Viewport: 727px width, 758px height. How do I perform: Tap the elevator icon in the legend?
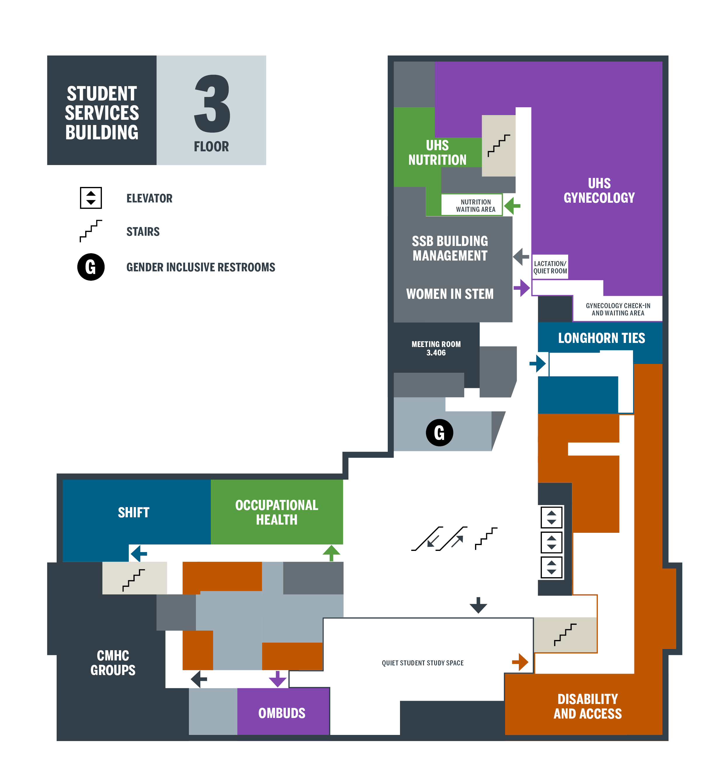tap(91, 198)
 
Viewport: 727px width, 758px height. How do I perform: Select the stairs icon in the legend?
tap(91, 231)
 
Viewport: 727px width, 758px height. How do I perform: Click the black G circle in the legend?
tap(91, 267)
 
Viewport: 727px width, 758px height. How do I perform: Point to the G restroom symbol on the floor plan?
tap(439, 432)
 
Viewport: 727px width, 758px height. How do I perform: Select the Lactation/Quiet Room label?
tap(550, 267)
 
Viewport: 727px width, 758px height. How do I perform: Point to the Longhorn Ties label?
tap(601, 338)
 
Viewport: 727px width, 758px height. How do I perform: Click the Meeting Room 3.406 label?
tap(436, 348)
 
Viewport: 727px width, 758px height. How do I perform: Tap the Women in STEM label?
tap(450, 294)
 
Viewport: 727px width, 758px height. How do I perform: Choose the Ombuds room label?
tap(282, 713)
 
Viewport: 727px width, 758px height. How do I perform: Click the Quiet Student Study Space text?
tap(422, 663)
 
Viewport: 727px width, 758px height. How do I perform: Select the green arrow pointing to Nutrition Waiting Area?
tap(512, 206)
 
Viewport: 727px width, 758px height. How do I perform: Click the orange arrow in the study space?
tap(520, 662)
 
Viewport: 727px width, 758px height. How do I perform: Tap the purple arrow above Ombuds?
tap(277, 679)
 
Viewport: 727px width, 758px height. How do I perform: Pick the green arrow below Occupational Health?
tap(331, 553)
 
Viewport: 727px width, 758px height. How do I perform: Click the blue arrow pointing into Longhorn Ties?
tap(538, 364)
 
